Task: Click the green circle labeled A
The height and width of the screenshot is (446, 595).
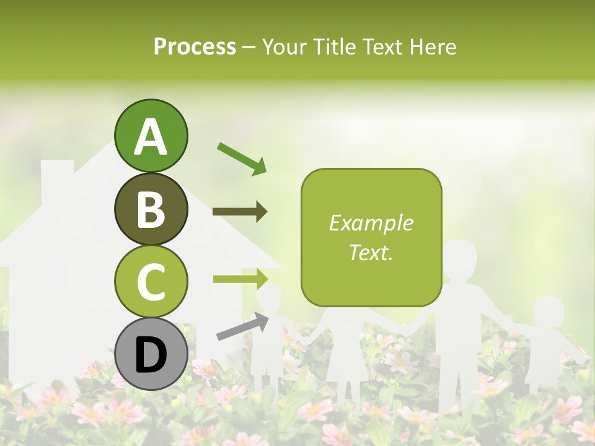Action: [x=151, y=136]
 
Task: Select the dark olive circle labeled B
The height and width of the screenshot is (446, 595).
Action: [x=151, y=209]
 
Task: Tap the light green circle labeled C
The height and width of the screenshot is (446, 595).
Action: [x=151, y=281]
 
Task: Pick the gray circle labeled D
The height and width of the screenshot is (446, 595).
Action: [x=151, y=354]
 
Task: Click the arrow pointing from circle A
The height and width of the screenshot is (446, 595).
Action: [x=242, y=158]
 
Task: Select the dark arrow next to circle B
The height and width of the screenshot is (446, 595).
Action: [x=240, y=212]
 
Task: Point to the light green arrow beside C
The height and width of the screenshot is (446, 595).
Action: [x=240, y=279]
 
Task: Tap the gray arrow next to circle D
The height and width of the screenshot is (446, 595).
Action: [x=242, y=326]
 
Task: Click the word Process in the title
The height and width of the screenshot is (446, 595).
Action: [x=195, y=46]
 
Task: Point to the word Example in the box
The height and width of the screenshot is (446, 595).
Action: [x=371, y=223]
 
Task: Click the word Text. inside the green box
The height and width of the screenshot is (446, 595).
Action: [x=371, y=252]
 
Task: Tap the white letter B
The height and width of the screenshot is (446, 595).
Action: [x=151, y=209]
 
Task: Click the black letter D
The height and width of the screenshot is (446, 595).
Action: [x=151, y=355]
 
